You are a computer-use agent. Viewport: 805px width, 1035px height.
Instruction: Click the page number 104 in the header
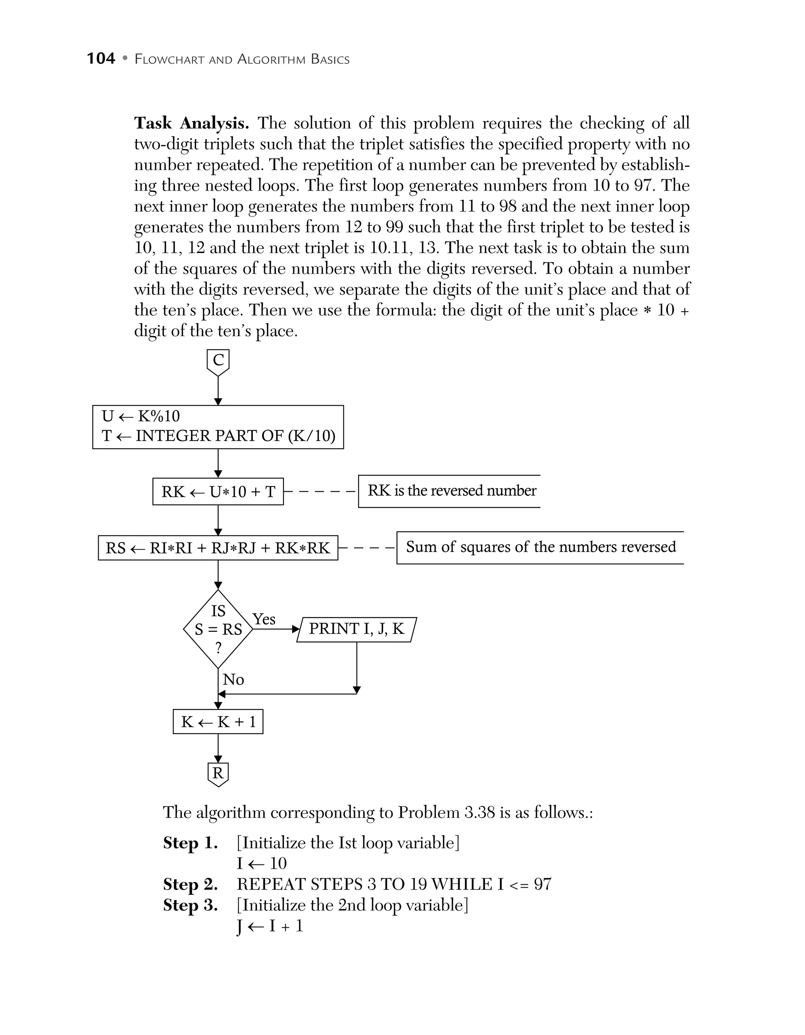[x=101, y=59]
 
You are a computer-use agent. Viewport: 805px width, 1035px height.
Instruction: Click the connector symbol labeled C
[x=218, y=362]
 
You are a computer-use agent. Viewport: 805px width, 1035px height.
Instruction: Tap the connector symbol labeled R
[x=218, y=774]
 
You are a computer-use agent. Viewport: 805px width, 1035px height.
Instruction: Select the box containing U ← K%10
[x=218, y=427]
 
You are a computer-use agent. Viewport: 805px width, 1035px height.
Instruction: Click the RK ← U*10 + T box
[x=218, y=491]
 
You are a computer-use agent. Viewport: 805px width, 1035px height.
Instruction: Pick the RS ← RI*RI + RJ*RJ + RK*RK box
[x=218, y=548]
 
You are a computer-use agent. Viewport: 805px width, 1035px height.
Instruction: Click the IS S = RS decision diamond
[x=218, y=629]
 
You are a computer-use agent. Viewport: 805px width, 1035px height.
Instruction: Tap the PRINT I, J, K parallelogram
[x=356, y=629]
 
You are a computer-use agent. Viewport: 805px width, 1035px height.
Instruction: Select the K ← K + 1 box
[x=218, y=722]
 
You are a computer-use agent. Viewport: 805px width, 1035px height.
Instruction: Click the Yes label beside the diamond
[x=264, y=619]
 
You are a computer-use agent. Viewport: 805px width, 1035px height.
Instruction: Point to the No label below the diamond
[x=233, y=680]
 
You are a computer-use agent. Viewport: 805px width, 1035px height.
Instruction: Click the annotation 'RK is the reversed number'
[x=452, y=491]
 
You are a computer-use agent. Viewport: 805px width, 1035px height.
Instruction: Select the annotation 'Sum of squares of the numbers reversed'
[x=540, y=547]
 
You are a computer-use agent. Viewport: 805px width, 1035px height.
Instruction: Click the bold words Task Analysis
[x=191, y=123]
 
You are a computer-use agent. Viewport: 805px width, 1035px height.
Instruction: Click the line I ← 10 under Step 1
[x=261, y=864]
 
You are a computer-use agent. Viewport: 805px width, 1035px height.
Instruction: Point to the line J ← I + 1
[x=270, y=926]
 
